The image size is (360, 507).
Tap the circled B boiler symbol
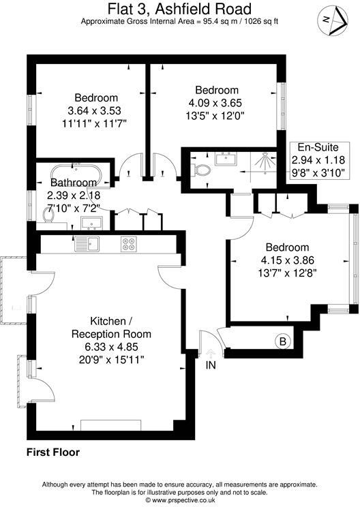click(x=282, y=341)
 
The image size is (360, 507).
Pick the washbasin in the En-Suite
click(x=224, y=160)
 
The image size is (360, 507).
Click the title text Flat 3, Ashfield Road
click(x=179, y=9)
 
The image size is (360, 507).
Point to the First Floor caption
click(x=53, y=452)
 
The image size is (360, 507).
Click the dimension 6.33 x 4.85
click(x=112, y=346)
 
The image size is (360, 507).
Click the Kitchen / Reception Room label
click(x=112, y=328)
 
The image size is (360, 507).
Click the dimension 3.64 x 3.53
click(x=97, y=110)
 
